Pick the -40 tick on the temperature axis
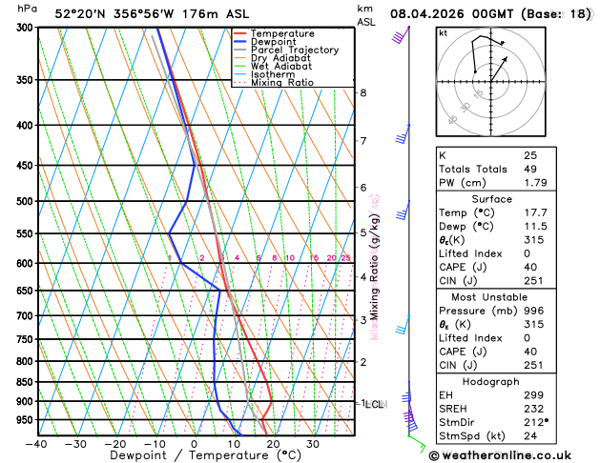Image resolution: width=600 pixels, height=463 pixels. (x=36, y=444)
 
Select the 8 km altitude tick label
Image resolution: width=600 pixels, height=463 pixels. (x=363, y=92)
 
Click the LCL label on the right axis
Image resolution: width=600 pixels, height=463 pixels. (x=374, y=404)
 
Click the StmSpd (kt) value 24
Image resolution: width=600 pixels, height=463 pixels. (x=530, y=436)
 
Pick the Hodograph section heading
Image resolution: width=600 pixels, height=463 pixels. (x=491, y=381)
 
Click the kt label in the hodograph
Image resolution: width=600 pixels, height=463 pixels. (x=444, y=33)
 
